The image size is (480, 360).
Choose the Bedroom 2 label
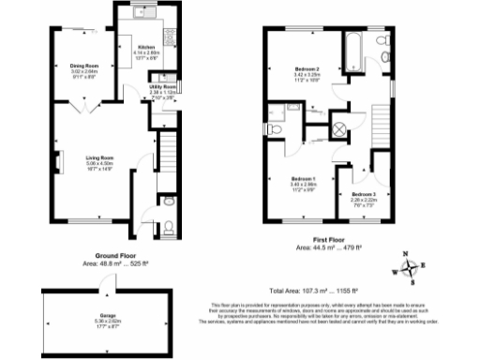pos(307,70)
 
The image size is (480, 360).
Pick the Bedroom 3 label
pos(364,193)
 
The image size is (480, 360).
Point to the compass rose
pos(410,269)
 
